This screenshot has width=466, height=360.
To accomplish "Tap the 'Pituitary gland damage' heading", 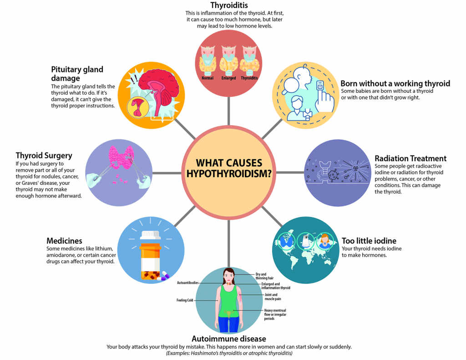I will [77, 74].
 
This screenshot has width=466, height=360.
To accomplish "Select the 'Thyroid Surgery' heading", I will [44, 156].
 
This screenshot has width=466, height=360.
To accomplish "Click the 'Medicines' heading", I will [64, 241].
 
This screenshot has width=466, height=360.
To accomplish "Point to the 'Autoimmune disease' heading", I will [228, 339].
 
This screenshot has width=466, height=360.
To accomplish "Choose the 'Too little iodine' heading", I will [369, 241].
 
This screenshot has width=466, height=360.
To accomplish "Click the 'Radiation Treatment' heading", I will [410, 158].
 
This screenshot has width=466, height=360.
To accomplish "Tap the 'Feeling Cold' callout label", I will [185, 300].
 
